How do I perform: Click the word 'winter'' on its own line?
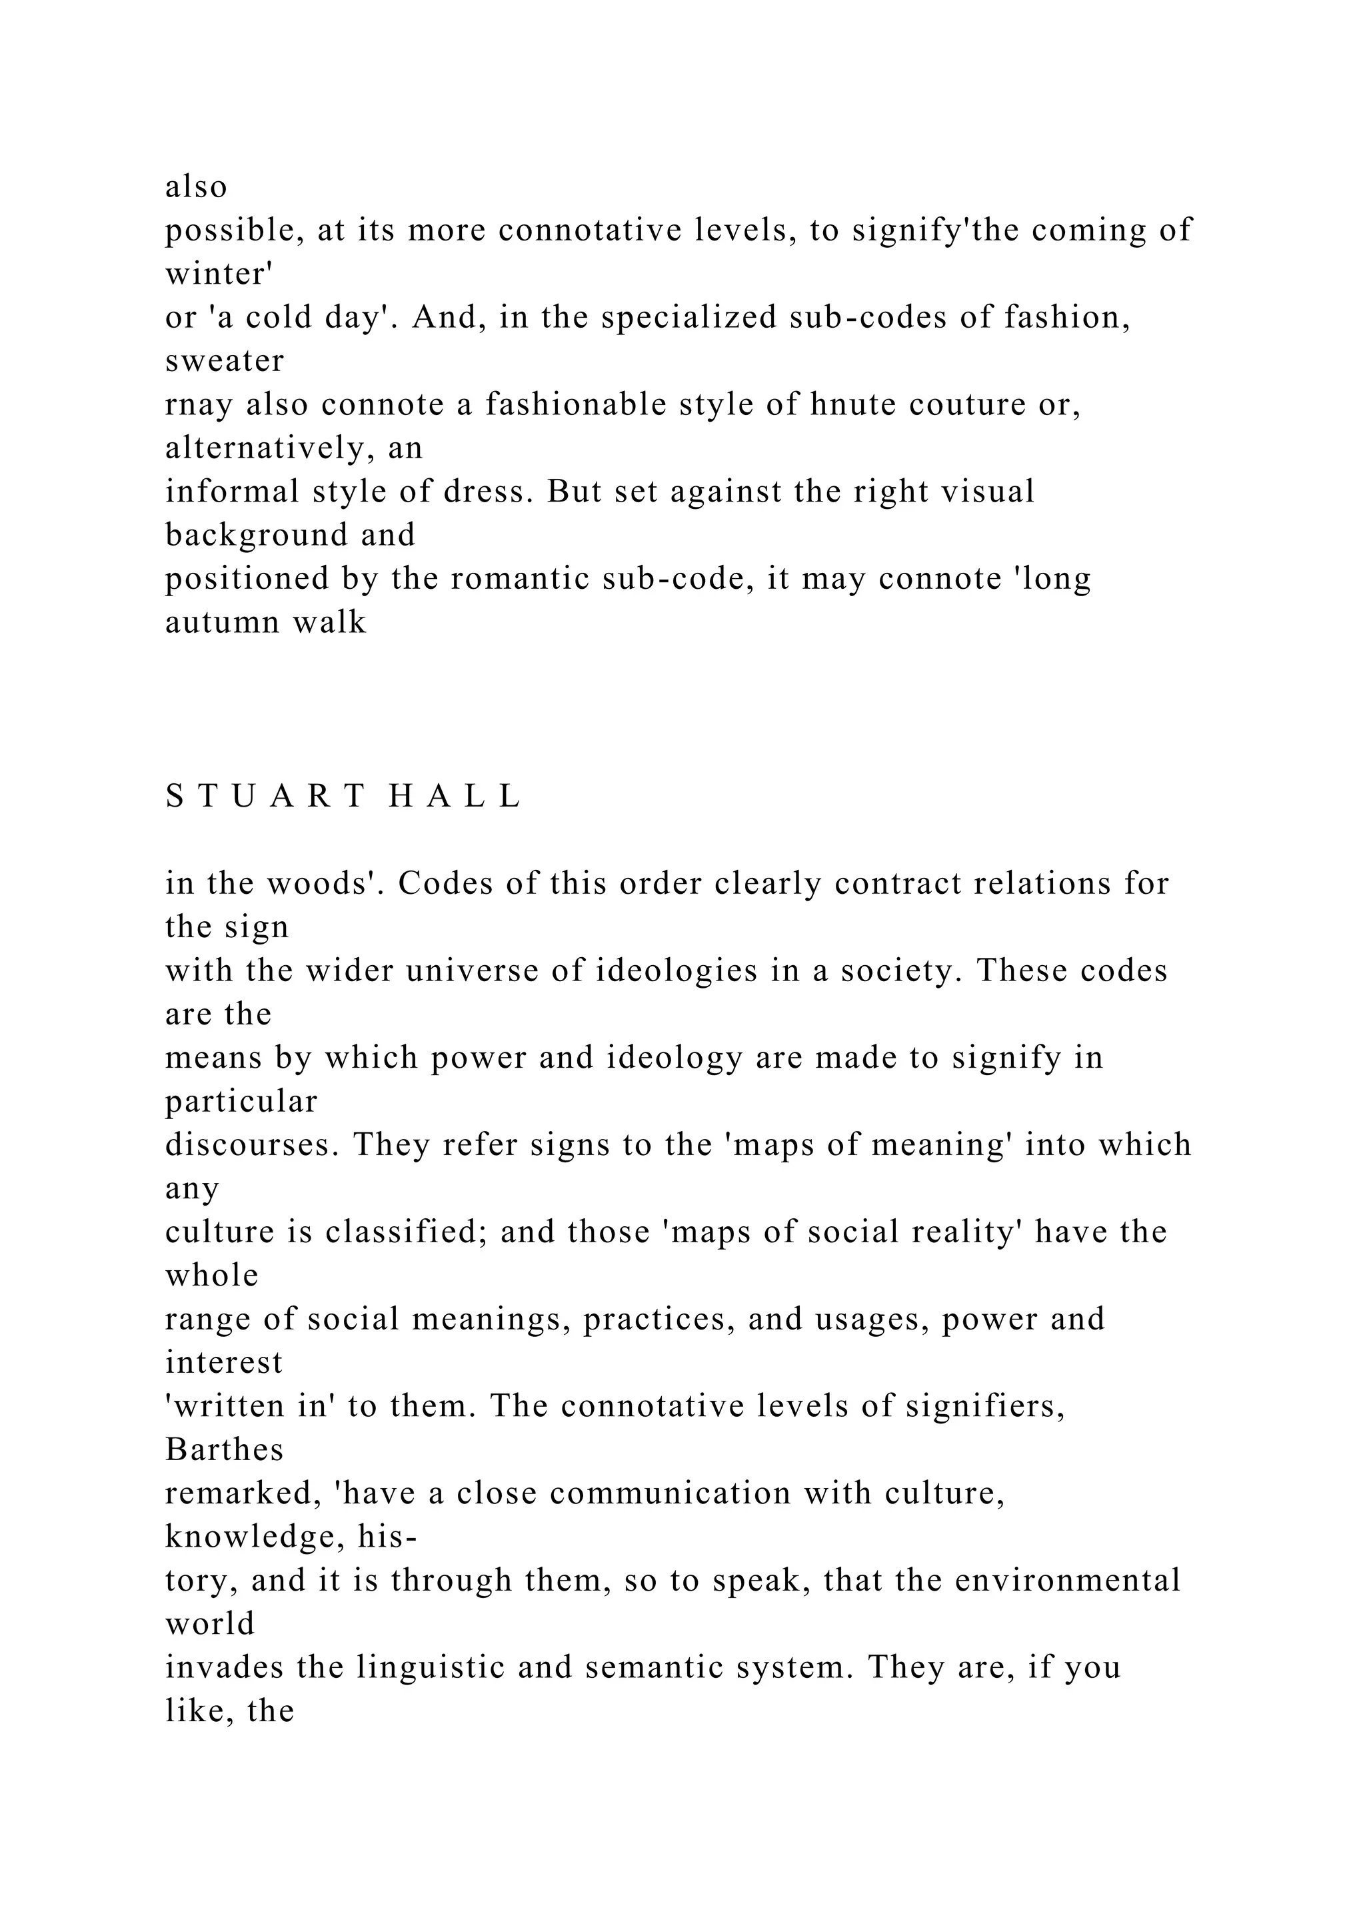216,274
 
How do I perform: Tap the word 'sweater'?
225,361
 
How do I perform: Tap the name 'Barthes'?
225,1450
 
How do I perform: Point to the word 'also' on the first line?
196,187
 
